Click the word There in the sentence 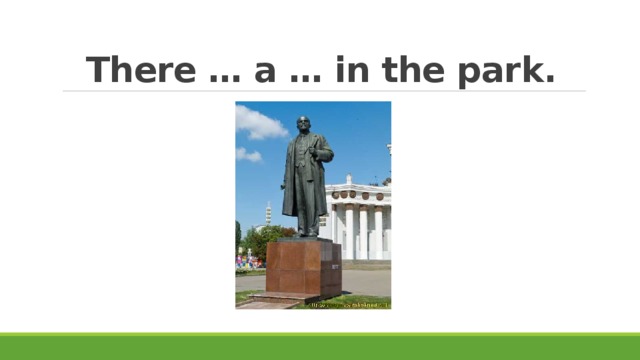click(x=139, y=71)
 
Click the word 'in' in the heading click(x=351, y=71)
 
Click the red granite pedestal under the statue click(x=304, y=267)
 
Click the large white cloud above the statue click(x=258, y=124)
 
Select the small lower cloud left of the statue click(x=248, y=155)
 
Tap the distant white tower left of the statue click(x=268, y=213)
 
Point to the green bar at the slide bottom click(x=320, y=346)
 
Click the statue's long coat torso click(x=302, y=175)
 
